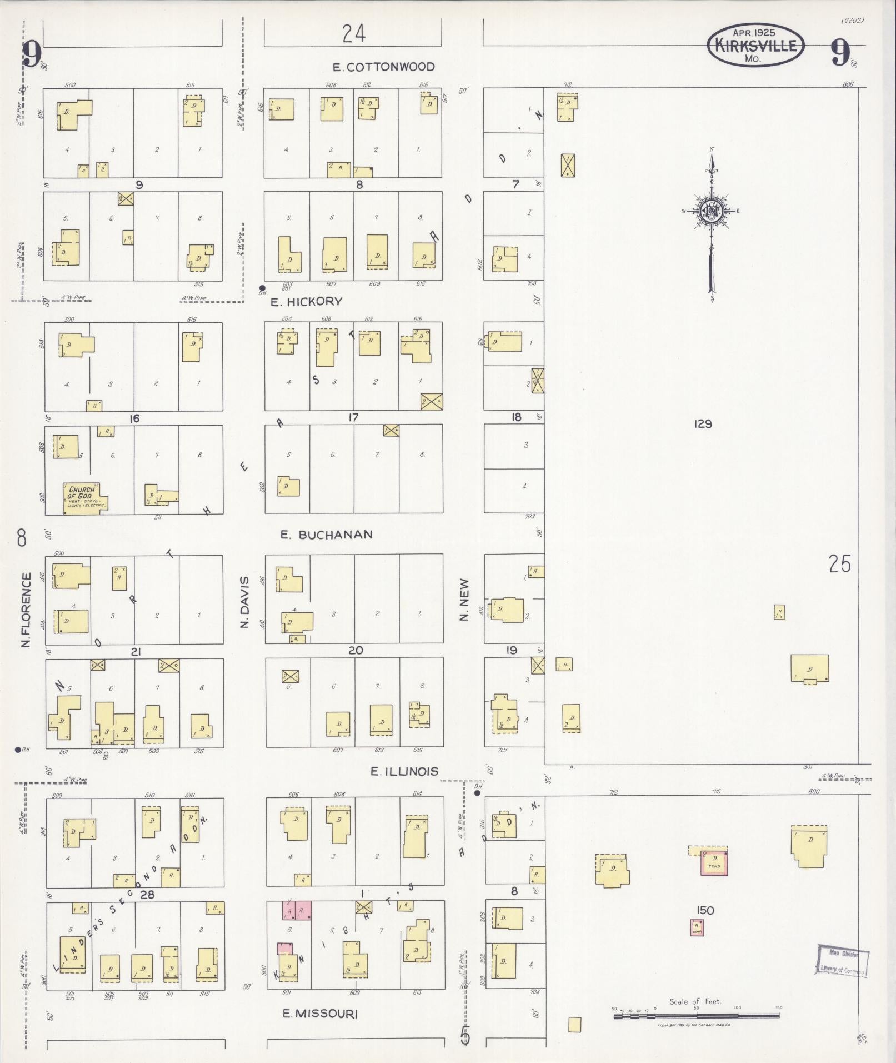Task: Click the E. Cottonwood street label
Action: click(x=383, y=67)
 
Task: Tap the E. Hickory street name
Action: click(x=306, y=302)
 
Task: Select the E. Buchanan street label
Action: click(x=326, y=535)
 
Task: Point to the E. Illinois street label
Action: click(x=404, y=771)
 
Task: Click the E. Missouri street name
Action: click(x=320, y=1014)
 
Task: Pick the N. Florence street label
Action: click(x=26, y=610)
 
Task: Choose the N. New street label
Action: click(x=465, y=600)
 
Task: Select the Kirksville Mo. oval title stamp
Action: click(x=755, y=44)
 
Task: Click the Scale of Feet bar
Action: click(x=696, y=1016)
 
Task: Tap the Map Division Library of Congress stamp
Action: click(x=842, y=960)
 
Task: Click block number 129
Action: click(x=703, y=424)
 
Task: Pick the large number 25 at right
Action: click(x=839, y=564)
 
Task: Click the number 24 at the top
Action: click(x=354, y=34)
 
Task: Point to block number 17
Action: click(x=353, y=417)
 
